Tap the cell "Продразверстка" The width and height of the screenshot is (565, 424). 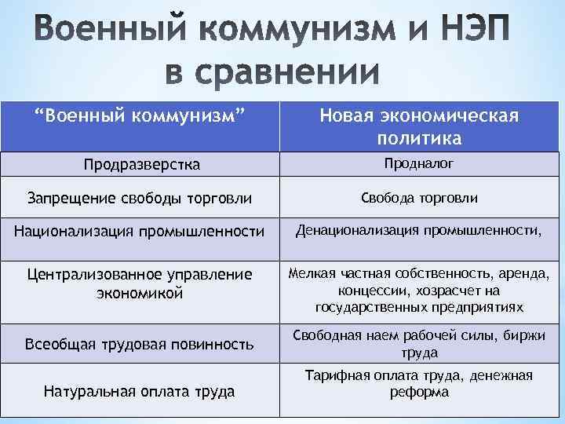click(x=143, y=164)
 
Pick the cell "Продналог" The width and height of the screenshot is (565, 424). click(x=418, y=163)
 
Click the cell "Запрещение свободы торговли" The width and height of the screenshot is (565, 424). click(x=140, y=199)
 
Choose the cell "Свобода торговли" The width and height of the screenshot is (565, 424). click(x=418, y=199)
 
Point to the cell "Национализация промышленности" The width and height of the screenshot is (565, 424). click(x=140, y=231)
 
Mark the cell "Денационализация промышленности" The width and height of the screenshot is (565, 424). click(x=418, y=231)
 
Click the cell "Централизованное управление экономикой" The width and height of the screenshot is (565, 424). click(x=140, y=283)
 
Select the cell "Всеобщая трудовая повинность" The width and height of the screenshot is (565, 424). click(x=140, y=344)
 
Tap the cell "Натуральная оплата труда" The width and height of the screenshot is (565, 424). click(x=140, y=389)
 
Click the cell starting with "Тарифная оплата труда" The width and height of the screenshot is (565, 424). click(x=418, y=383)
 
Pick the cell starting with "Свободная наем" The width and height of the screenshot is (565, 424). click(x=418, y=344)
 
